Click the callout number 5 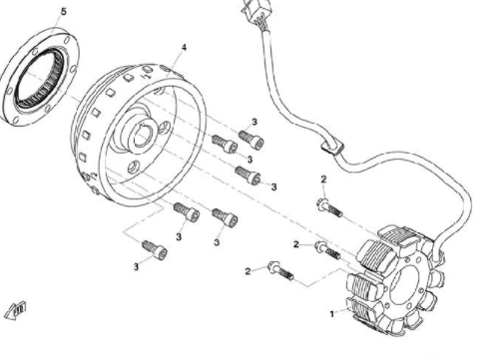tap(63, 12)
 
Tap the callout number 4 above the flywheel tap(184, 48)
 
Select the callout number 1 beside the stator tap(331, 314)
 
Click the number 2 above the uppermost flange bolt tap(323, 180)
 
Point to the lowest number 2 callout tap(247, 271)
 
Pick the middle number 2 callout tap(296, 244)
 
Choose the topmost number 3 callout tap(254, 122)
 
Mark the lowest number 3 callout tap(136, 267)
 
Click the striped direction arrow tap(15, 310)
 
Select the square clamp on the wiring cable tap(331, 148)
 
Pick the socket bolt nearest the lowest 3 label tap(155, 250)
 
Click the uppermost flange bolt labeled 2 tap(329, 207)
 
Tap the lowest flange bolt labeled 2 tap(280, 270)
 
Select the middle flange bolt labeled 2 tap(327, 250)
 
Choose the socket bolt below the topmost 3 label tap(251, 140)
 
